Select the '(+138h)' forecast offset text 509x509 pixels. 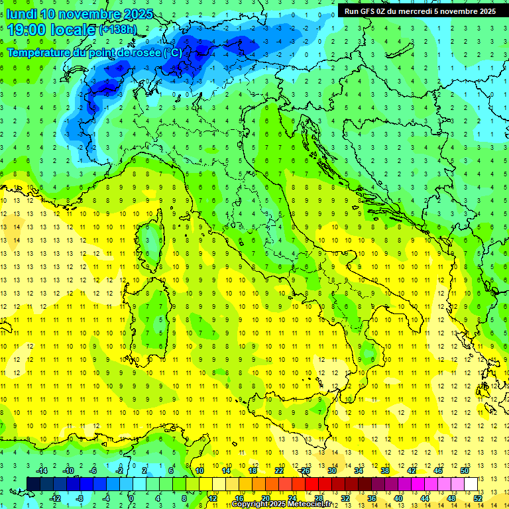pos(118,30)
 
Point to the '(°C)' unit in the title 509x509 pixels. pos(171,52)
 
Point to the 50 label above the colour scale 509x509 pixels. pos(465,471)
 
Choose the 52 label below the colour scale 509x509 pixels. pos(478,498)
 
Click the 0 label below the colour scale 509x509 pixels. pos(131,498)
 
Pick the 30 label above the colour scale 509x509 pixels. pos(331,471)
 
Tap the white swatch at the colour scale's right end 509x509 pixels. pos(471,484)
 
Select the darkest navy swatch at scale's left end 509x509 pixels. pos(33,484)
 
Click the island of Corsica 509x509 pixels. pos(153,239)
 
